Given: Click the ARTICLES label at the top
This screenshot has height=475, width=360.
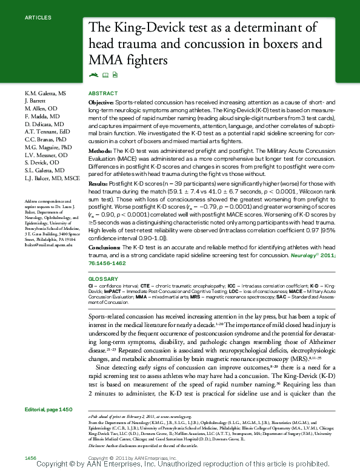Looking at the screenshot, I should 38,18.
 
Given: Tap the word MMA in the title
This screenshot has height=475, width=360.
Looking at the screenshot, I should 105,61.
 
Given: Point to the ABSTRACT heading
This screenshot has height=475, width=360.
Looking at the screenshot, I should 103,93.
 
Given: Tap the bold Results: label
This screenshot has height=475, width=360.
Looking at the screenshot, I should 99,183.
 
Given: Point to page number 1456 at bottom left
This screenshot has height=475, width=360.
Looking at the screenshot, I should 31,456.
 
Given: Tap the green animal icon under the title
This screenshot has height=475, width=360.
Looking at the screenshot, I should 93,75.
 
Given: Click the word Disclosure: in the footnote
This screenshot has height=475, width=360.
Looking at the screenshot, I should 98,446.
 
